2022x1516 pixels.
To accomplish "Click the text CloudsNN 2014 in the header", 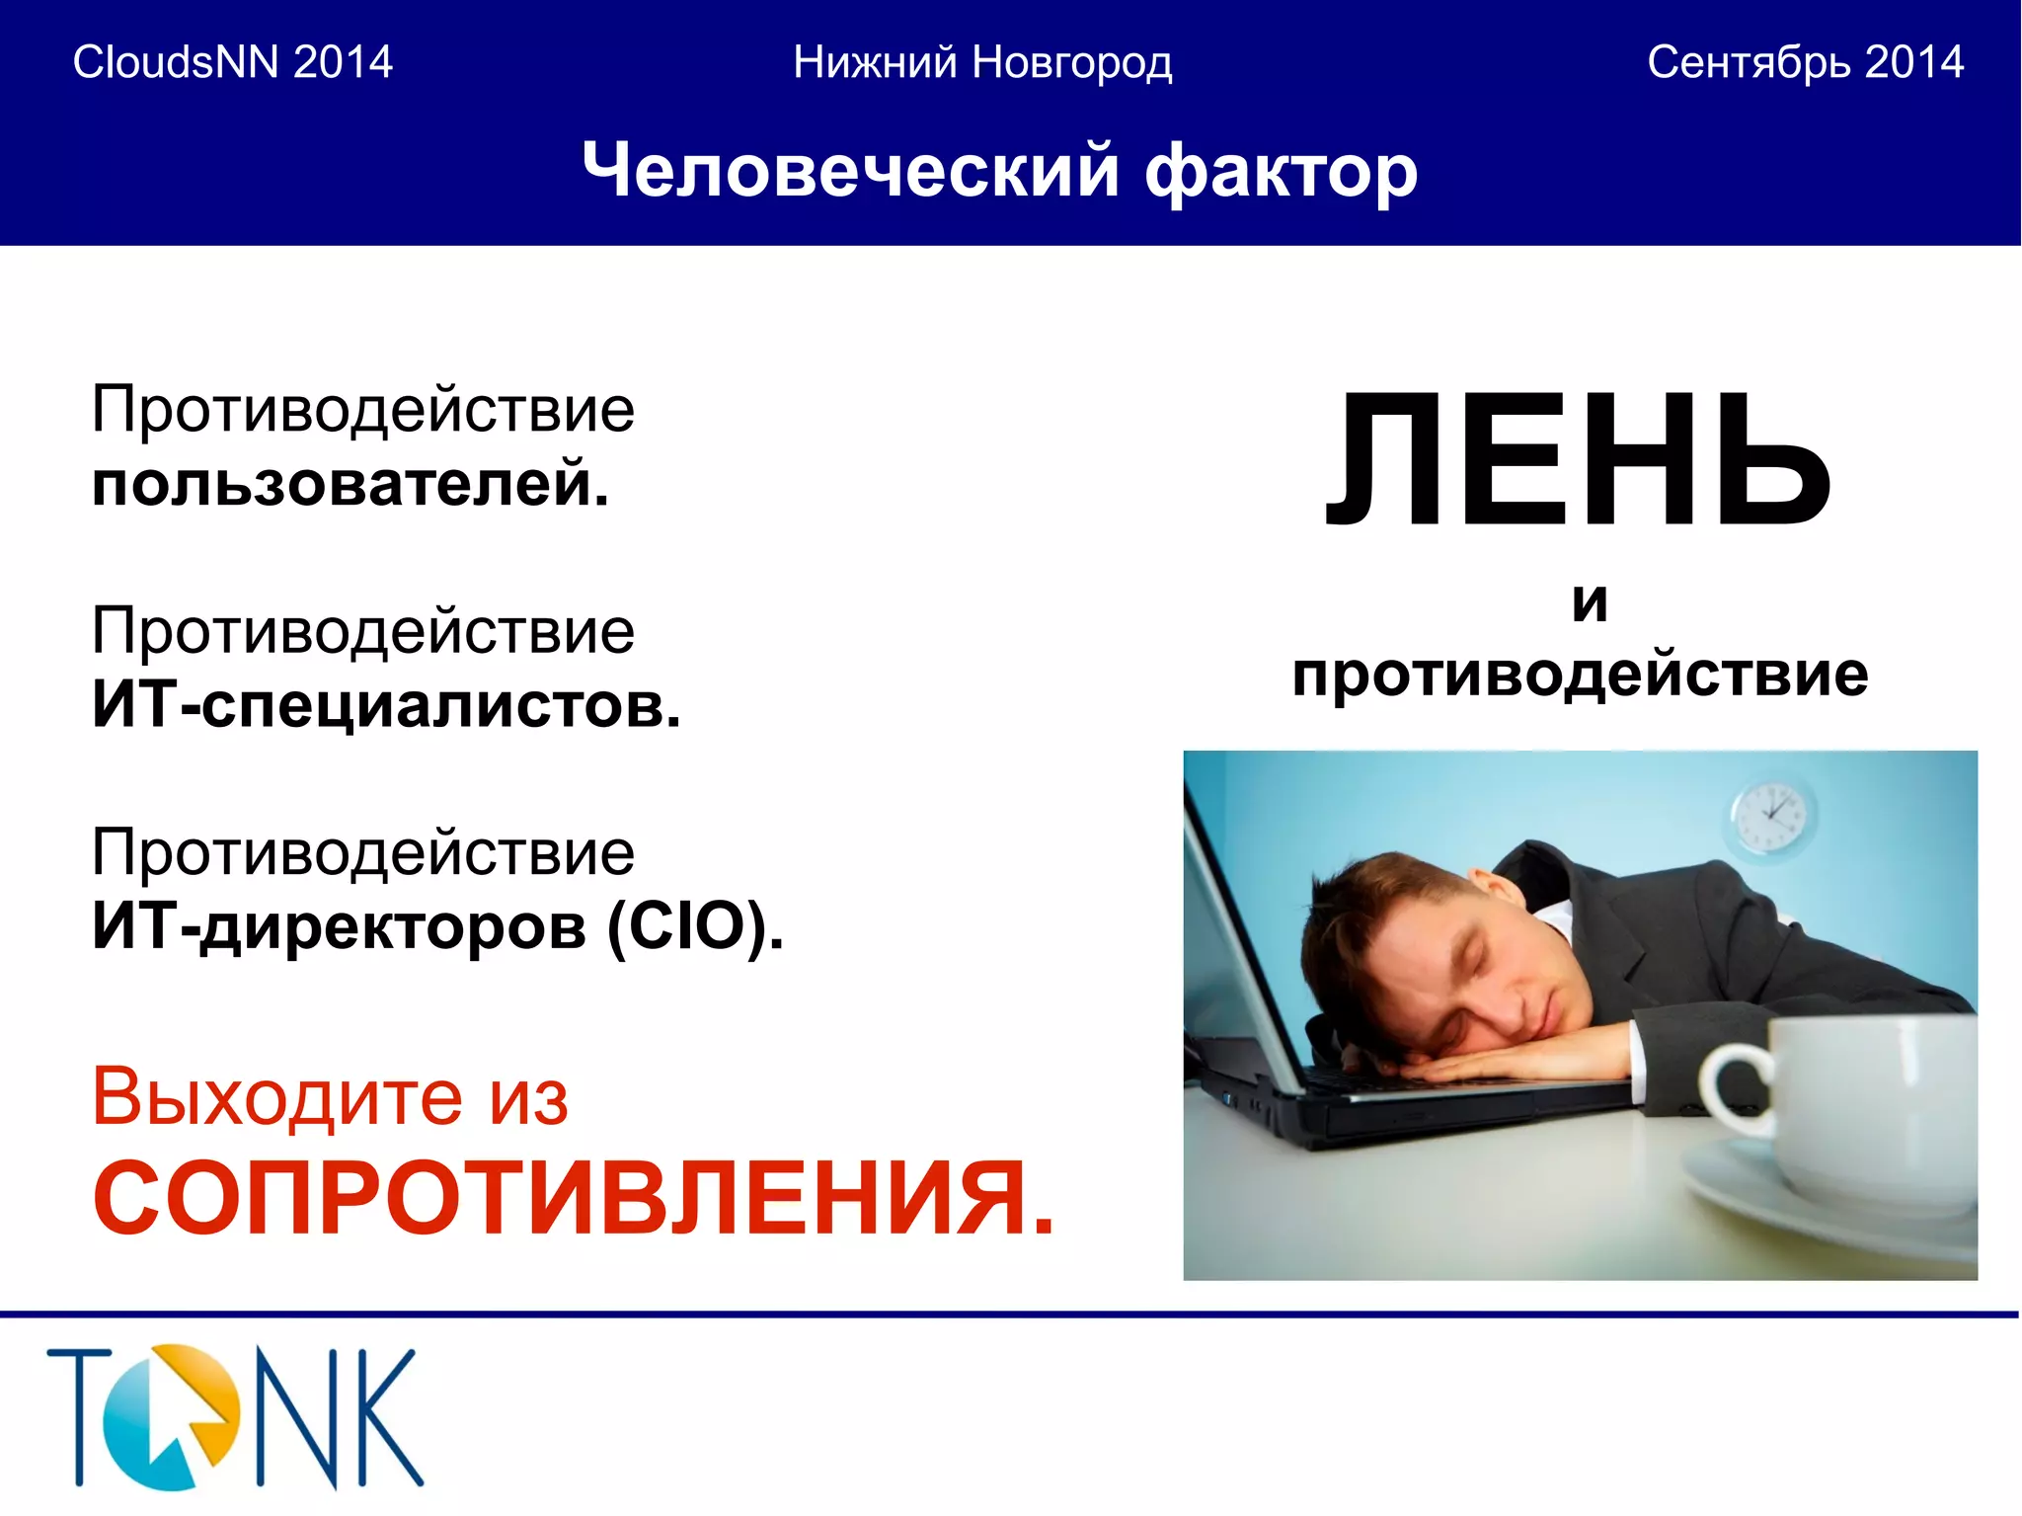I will coord(233,62).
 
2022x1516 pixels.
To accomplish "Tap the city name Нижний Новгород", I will coord(982,62).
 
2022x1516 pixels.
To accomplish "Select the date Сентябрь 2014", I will coord(1805,62).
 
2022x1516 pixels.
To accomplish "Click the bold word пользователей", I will coord(350,484).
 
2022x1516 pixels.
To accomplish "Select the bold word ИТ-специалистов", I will coord(386,705).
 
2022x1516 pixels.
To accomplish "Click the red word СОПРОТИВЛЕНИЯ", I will coord(573,1198).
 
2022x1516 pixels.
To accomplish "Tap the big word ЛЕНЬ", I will coord(1578,460).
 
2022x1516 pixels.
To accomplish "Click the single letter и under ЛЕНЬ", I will coord(1590,601).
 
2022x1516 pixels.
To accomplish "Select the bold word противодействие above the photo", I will coord(1580,675).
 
